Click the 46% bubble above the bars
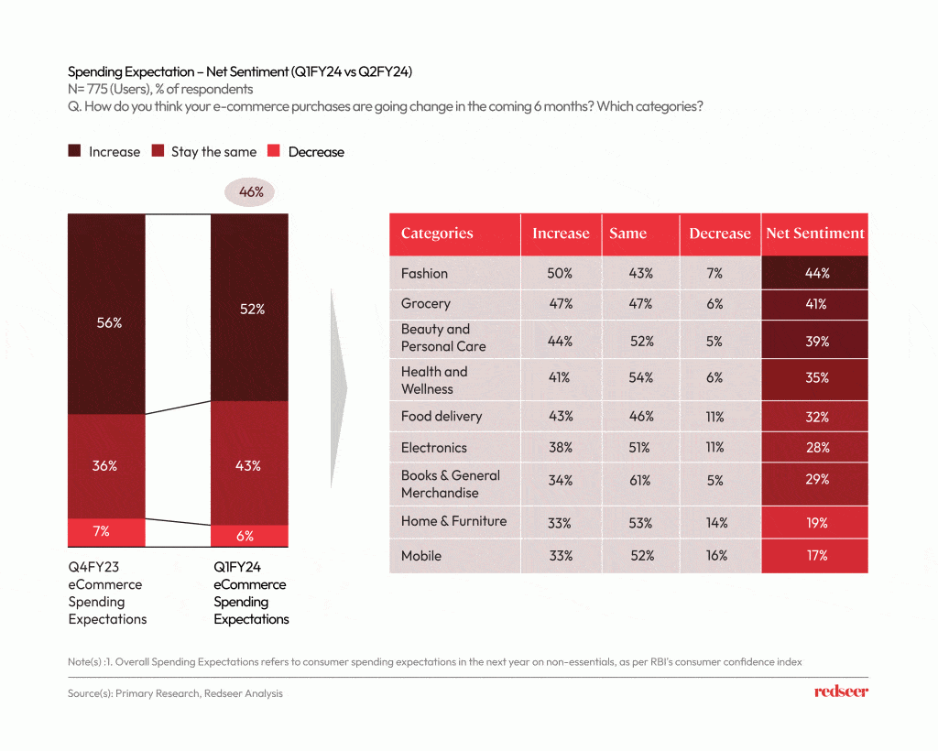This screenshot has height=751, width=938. (251, 192)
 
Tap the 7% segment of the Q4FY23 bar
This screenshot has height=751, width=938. (106, 532)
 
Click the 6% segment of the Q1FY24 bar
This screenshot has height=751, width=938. (249, 536)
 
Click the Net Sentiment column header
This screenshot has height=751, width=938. (814, 234)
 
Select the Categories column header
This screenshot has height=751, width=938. (437, 234)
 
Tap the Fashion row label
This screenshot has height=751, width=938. (424, 273)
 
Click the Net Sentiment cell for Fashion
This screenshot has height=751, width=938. (814, 273)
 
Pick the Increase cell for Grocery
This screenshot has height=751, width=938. (561, 304)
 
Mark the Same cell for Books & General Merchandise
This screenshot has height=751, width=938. (641, 480)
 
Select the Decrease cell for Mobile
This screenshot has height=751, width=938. (716, 556)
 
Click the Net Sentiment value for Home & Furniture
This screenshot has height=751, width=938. (814, 523)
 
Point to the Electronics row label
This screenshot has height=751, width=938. (433, 448)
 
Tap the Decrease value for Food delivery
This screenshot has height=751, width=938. (716, 417)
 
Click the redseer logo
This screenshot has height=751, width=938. (840, 692)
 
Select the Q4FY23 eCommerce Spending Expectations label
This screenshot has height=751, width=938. (107, 593)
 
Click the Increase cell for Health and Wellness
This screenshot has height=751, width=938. (561, 377)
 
